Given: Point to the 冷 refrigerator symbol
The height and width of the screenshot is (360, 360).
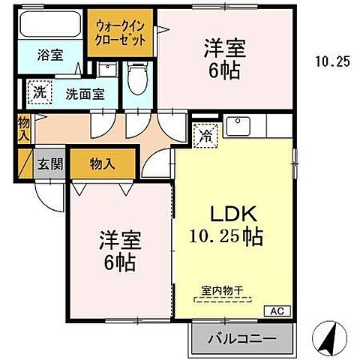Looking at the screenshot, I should point(205,136).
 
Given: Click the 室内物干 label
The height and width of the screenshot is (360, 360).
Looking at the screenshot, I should point(223,292).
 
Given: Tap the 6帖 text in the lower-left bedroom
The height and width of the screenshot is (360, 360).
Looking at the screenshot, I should point(120,265).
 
